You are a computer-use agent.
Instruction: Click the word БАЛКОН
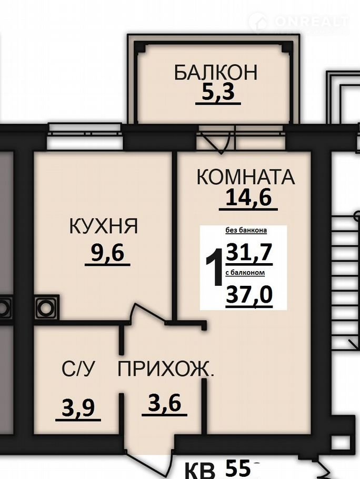point(216,72)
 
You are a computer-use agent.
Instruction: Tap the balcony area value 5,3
point(218,92)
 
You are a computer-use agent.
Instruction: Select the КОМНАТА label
point(246,177)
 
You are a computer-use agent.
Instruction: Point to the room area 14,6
point(248,197)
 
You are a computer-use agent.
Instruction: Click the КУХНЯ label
point(104,226)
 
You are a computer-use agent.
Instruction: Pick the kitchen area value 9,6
point(107,253)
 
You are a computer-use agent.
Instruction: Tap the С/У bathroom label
point(78,368)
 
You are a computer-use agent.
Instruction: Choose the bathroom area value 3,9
point(78,408)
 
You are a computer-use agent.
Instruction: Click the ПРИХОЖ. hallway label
point(166,369)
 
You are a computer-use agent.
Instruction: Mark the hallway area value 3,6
point(165,403)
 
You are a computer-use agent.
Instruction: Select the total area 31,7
point(249,253)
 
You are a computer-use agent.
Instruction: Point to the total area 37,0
point(249,295)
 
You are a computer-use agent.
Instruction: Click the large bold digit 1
point(215,267)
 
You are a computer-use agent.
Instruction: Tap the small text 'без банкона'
point(246,230)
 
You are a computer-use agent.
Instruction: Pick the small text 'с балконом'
point(245,273)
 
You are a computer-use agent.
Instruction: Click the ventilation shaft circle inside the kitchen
point(45,307)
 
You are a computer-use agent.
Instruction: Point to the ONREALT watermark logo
point(298,22)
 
